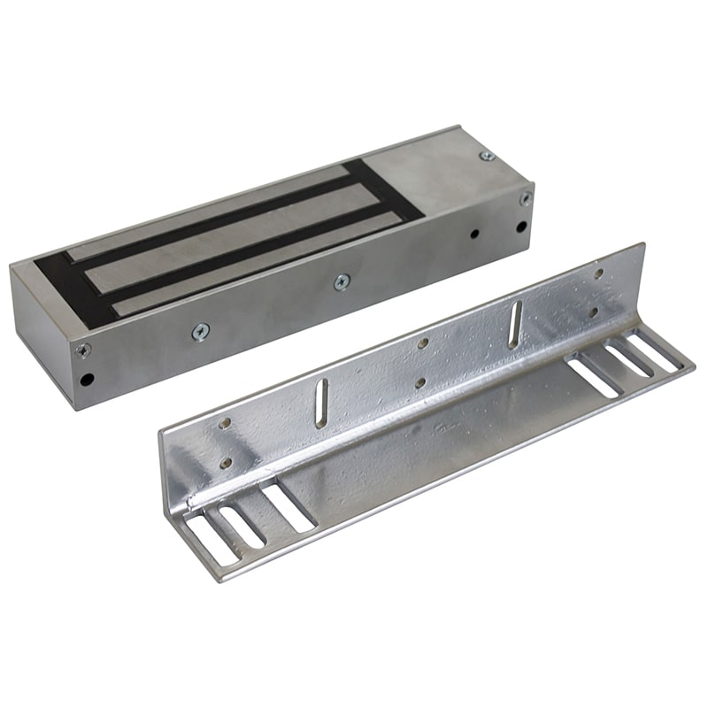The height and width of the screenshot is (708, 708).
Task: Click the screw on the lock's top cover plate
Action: [x=486, y=157]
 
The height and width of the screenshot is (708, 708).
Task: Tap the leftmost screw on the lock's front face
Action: [x=82, y=350]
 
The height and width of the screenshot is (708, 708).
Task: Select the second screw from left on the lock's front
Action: [x=201, y=331]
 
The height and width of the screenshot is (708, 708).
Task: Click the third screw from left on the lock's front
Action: [x=342, y=281]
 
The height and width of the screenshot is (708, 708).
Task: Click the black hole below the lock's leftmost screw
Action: [x=86, y=380]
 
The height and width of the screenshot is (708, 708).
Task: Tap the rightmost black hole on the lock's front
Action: [x=521, y=226]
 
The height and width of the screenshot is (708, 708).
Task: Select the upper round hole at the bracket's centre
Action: [x=423, y=343]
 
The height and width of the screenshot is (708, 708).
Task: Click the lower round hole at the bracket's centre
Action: [x=419, y=382]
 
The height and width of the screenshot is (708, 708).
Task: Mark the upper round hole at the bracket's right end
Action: [x=598, y=273]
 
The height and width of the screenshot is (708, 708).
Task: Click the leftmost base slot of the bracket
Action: [x=204, y=539]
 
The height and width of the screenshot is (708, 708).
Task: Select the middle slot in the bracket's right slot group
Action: [x=628, y=358]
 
